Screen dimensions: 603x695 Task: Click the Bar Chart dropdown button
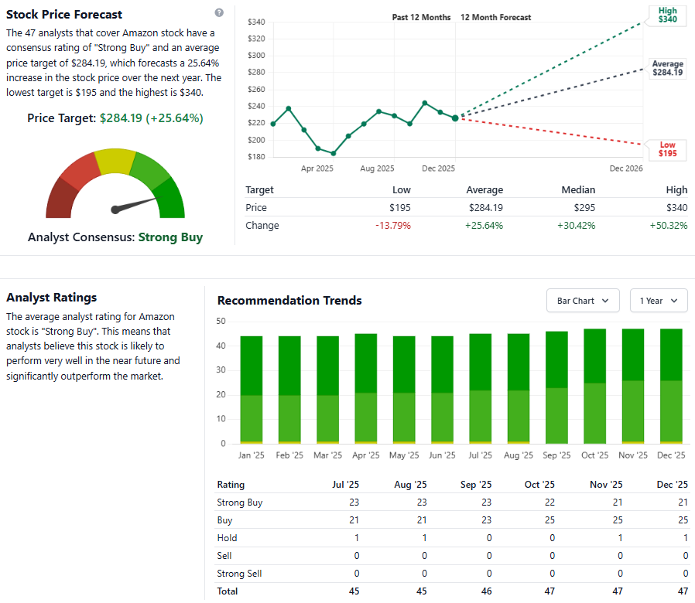[583, 301]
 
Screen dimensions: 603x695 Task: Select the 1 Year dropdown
[659, 301]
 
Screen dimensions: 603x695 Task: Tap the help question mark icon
[219, 13]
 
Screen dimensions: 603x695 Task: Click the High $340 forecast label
[667, 15]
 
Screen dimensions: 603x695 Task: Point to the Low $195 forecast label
[667, 149]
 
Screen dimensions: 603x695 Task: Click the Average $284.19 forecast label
[667, 68]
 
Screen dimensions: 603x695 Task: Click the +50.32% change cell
[669, 226]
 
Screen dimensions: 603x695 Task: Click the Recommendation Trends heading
[289, 301]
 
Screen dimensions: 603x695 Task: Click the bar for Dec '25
[670, 387]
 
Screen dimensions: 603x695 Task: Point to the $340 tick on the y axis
[256, 22]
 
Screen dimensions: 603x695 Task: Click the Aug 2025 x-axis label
[377, 168]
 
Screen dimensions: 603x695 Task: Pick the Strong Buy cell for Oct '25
[552, 502]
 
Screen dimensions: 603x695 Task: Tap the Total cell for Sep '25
[488, 591]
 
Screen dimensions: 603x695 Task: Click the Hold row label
[227, 538]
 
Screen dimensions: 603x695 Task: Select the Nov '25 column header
[606, 485]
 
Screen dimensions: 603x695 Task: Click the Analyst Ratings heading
[51, 298]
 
